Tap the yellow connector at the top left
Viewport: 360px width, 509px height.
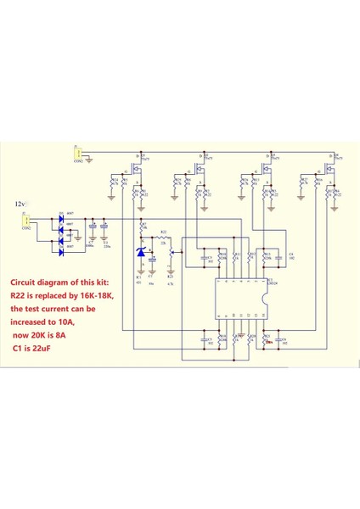click(x=78, y=153)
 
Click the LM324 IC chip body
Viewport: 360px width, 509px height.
click(x=241, y=299)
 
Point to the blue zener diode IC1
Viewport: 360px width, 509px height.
click(x=141, y=253)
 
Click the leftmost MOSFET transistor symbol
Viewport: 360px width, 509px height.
click(x=138, y=167)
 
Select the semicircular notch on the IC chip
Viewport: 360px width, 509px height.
click(x=264, y=299)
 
